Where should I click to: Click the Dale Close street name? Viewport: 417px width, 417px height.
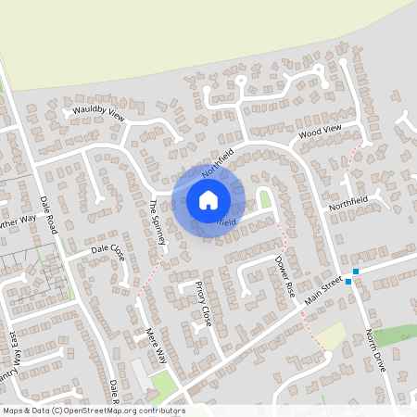pos(107,250)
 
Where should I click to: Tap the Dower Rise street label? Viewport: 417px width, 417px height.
pos(284,276)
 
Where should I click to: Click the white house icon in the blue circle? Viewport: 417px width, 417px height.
pos(208,199)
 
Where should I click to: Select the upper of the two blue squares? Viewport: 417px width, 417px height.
pos(355,272)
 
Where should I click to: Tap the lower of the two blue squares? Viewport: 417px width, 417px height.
pos(348,282)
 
